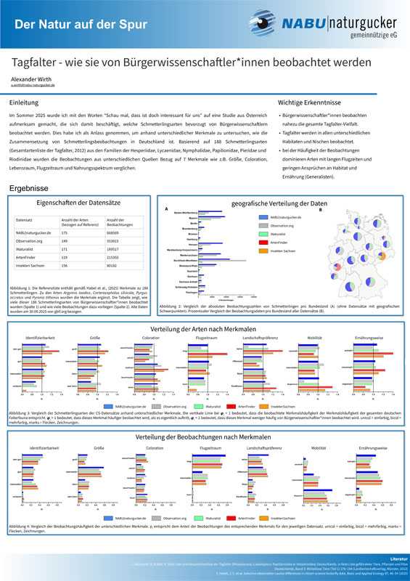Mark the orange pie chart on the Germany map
pyautogui.click(x=381, y=256)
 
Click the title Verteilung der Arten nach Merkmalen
pyautogui.click(x=205, y=330)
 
